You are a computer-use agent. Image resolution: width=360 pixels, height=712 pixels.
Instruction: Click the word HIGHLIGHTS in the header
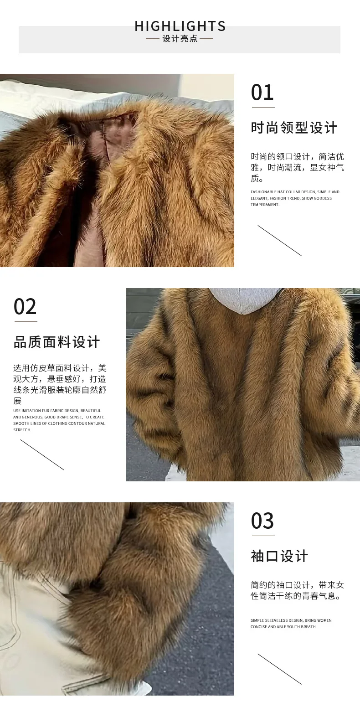(x=180, y=26)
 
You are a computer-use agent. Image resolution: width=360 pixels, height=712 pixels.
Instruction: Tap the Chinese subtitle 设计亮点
(x=180, y=39)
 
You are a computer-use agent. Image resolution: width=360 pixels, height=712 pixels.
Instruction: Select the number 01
(x=262, y=93)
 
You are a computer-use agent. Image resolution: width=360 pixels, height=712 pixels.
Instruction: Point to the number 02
(x=25, y=307)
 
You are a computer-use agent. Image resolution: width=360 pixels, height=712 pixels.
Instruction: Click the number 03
(x=262, y=521)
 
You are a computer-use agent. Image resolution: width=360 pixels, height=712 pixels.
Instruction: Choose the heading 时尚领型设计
(x=294, y=128)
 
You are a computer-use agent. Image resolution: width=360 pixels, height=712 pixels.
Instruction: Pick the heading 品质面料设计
(x=57, y=342)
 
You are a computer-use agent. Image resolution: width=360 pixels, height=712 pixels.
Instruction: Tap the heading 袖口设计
(x=279, y=557)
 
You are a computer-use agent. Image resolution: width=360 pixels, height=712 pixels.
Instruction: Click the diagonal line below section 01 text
(x=279, y=240)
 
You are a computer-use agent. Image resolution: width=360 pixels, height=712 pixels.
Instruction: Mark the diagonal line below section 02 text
(x=42, y=454)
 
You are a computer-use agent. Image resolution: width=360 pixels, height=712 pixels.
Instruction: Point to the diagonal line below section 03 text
(x=279, y=669)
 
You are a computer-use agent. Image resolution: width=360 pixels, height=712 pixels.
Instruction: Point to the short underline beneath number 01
(x=263, y=108)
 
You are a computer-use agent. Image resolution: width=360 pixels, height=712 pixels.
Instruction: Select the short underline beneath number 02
(x=26, y=322)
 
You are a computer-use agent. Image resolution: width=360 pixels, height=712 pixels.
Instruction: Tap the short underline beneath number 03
(x=263, y=536)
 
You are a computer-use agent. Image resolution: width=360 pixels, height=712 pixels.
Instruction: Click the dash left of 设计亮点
(x=152, y=39)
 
